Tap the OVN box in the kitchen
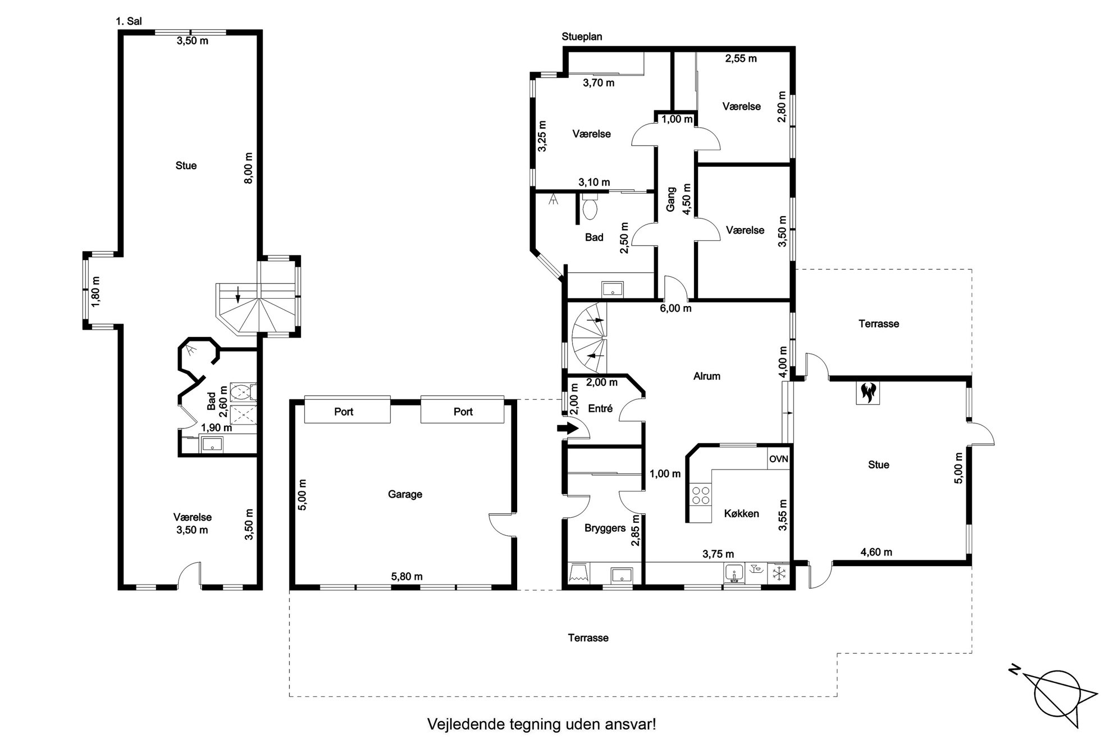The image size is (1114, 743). [778, 459]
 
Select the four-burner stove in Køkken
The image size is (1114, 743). [701, 495]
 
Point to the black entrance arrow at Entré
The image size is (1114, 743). [568, 428]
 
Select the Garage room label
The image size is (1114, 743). [405, 494]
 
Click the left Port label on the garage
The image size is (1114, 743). [344, 412]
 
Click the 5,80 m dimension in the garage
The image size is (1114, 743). [407, 576]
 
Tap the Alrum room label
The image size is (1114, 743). [706, 376]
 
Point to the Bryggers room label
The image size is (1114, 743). [605, 528]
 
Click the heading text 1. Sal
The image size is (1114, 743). [129, 22]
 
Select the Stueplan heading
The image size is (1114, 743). [582, 37]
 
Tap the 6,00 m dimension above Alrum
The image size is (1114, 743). [675, 308]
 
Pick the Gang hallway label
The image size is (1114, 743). [670, 199]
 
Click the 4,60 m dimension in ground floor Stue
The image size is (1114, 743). [876, 552]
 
